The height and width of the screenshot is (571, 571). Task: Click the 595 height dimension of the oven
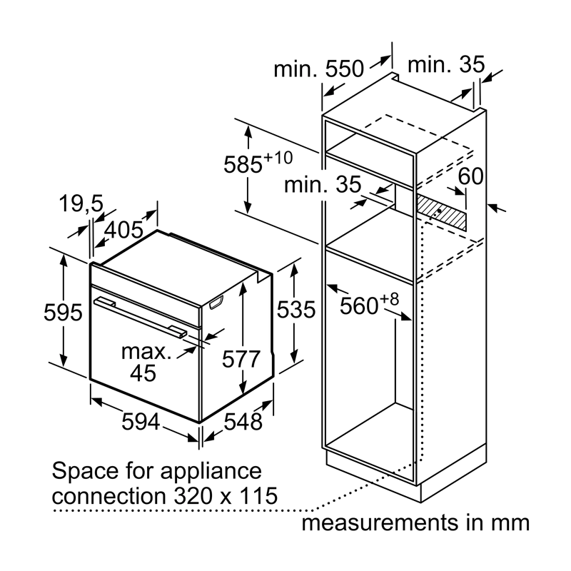click(x=63, y=313)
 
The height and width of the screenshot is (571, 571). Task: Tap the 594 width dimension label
click(x=141, y=421)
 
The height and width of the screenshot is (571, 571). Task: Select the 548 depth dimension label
click(x=243, y=422)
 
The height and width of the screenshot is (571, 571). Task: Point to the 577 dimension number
click(x=241, y=359)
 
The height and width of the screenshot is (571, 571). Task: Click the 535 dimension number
click(x=296, y=310)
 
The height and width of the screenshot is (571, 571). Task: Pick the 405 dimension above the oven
click(x=123, y=230)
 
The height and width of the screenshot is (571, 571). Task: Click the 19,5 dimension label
click(x=81, y=203)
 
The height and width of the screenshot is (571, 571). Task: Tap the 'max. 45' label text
click(x=146, y=363)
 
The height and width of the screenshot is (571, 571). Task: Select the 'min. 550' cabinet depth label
click(x=318, y=69)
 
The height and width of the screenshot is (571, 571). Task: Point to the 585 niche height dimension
click(x=258, y=162)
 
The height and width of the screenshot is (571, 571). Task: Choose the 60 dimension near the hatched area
click(x=470, y=176)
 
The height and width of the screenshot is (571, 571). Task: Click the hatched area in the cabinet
click(x=441, y=212)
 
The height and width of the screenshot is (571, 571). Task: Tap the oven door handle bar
click(x=141, y=318)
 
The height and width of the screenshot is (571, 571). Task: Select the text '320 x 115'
click(x=226, y=495)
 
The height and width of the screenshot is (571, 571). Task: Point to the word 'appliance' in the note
click(x=211, y=472)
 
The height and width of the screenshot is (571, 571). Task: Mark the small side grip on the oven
click(x=216, y=302)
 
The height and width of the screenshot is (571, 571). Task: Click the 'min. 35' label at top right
click(x=446, y=64)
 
